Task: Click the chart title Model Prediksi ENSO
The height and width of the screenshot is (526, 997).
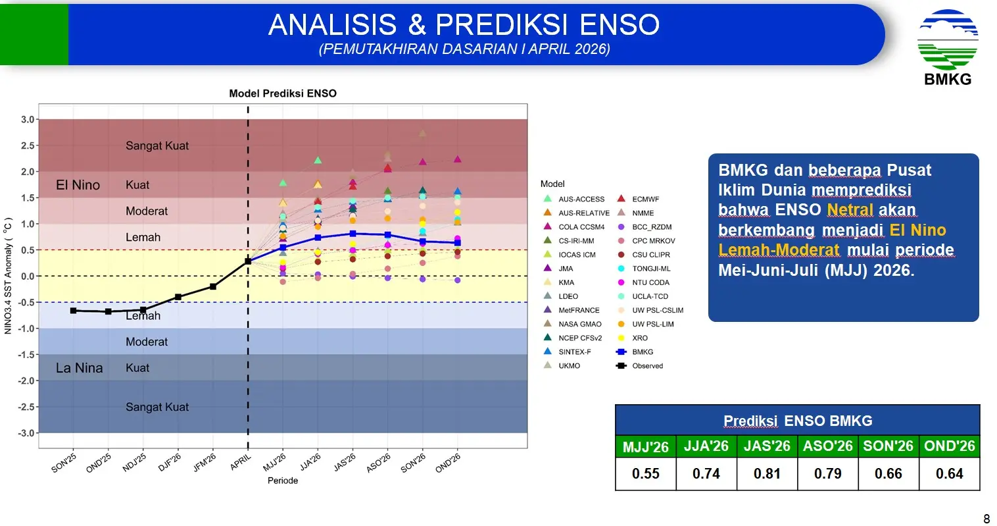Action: coord(282,93)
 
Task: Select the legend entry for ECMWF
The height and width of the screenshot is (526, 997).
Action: coord(645,199)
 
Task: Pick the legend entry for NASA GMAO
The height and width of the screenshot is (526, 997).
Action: coord(579,324)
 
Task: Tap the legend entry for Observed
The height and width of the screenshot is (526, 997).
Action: coord(647,366)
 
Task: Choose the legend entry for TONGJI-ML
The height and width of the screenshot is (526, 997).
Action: coord(651,269)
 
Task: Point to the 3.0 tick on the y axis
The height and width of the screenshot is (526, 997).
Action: coord(28,120)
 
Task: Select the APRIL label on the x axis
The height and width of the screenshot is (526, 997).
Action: coord(241,462)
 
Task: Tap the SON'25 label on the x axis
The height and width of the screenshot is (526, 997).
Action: coord(64,463)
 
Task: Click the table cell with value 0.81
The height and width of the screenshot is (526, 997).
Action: coord(767,473)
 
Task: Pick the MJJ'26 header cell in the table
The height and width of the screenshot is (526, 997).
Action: coord(645,446)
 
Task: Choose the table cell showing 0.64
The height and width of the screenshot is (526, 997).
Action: coord(949,473)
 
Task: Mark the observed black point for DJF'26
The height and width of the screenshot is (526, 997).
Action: coord(178,297)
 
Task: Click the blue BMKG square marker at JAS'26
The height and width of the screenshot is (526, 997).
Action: coord(353,234)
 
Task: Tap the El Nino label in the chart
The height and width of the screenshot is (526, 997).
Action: coord(78,185)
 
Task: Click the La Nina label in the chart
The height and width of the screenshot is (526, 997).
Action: coord(79,368)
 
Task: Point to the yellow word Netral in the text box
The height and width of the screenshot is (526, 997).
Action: coord(850,210)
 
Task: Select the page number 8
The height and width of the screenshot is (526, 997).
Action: coord(986,519)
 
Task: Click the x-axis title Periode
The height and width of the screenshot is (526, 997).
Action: coord(282,481)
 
